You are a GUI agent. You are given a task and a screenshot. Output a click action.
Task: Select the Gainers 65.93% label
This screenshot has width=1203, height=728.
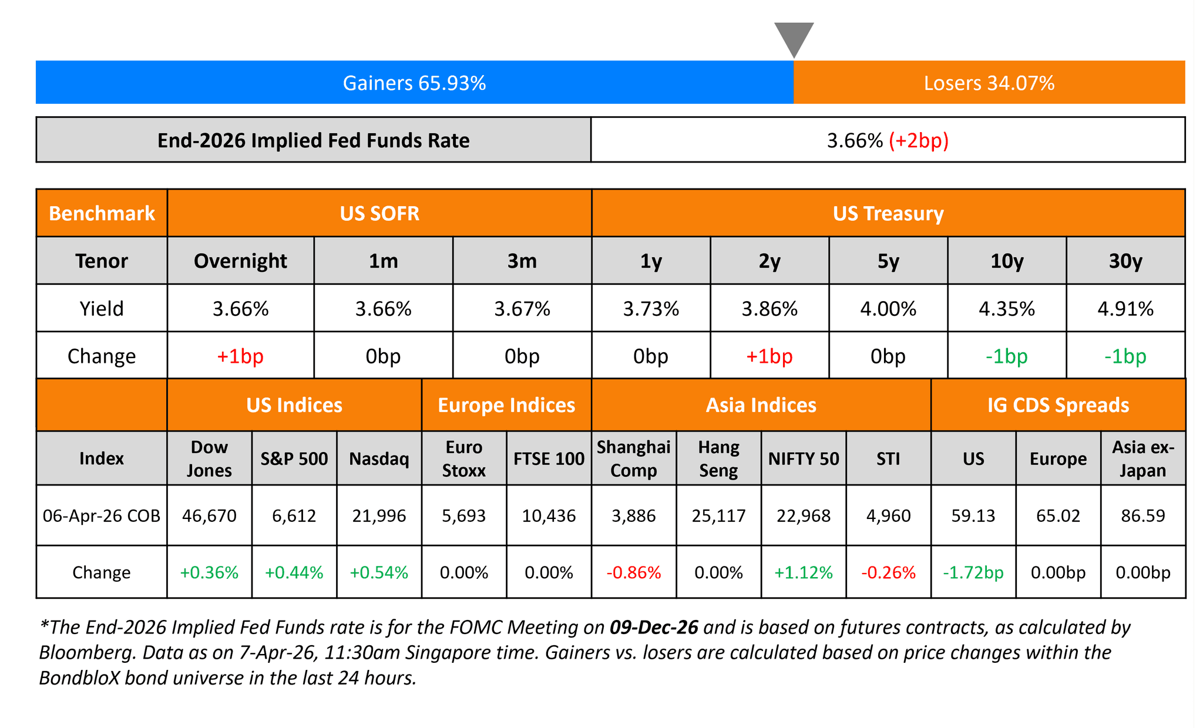[x=414, y=83]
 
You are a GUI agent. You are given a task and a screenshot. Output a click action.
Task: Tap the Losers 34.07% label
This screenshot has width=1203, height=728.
[x=989, y=83]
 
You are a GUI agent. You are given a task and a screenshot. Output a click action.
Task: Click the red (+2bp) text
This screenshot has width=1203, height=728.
[x=919, y=141]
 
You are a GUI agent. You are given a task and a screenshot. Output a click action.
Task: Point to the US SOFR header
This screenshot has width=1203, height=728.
[x=379, y=213]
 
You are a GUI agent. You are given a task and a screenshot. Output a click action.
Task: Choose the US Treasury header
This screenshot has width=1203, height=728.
[x=888, y=213]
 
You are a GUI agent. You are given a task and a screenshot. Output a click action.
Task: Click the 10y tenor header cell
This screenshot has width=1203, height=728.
[x=1007, y=261]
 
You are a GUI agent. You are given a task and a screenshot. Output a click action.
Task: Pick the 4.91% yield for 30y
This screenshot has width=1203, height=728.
[x=1125, y=309]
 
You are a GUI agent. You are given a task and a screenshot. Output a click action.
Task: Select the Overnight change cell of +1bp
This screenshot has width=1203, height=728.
[x=240, y=356]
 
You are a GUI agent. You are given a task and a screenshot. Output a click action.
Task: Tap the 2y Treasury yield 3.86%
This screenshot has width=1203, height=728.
[x=769, y=309]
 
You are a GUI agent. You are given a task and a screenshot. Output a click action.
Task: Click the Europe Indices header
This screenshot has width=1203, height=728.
[x=506, y=405]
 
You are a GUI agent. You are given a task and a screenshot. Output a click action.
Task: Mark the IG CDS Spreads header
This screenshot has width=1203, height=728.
[x=1058, y=405]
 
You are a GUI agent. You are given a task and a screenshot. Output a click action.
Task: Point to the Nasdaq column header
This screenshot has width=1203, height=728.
[x=379, y=459]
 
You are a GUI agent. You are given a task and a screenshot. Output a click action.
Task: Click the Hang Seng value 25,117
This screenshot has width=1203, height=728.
[x=718, y=515]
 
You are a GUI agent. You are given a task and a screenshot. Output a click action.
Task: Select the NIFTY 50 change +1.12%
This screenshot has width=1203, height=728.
[x=804, y=572]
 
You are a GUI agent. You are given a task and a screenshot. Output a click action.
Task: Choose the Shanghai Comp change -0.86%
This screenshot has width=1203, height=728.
[x=633, y=572]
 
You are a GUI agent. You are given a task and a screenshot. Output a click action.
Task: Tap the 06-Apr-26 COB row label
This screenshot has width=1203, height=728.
[x=102, y=515]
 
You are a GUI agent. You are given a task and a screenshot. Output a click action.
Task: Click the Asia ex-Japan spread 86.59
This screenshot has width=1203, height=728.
[x=1142, y=515]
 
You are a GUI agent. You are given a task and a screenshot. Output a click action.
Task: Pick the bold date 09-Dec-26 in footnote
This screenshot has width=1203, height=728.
[x=654, y=628]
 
